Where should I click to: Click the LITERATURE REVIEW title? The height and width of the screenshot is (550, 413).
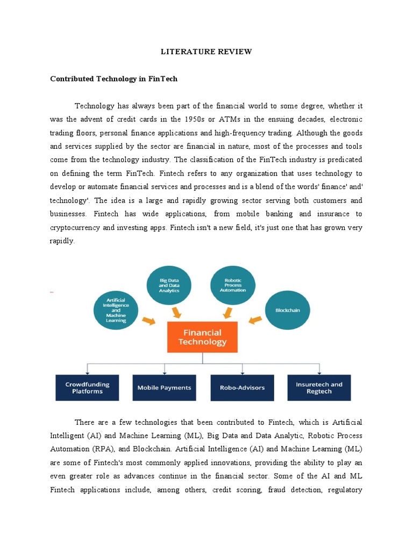[x=206, y=52]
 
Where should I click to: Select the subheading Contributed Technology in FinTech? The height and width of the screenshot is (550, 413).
[x=113, y=79]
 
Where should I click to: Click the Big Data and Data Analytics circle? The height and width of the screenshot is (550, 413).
[x=169, y=286]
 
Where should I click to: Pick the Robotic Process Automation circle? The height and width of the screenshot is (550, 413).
[x=232, y=285]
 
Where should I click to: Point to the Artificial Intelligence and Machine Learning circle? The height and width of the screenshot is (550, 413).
[x=116, y=310]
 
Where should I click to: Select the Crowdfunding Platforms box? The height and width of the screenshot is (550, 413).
[x=87, y=388]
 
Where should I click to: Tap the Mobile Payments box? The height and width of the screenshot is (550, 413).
[x=164, y=388]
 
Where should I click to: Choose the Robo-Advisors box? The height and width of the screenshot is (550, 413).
[x=242, y=388]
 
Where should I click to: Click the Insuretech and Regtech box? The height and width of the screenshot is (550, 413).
[x=319, y=388]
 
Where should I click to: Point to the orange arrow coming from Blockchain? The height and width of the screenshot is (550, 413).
[x=255, y=321]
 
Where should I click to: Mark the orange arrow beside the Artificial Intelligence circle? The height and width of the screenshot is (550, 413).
[x=148, y=321]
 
